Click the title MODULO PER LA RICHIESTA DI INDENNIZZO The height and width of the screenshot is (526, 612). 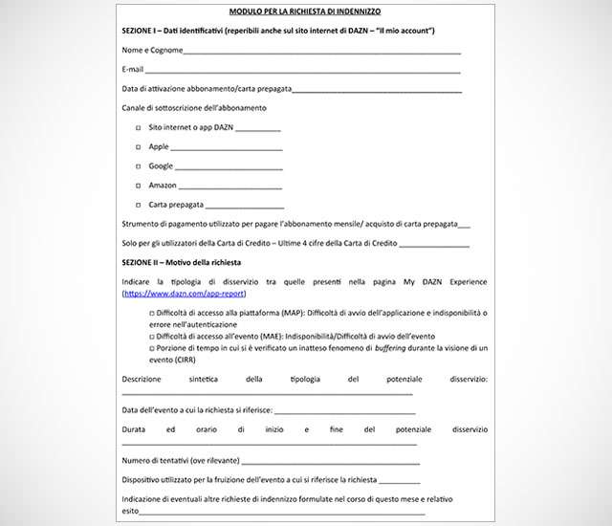pos(305,12)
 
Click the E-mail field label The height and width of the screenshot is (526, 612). pos(133,70)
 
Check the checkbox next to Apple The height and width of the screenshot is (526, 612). pos(139,147)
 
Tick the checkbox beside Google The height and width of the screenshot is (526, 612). pos(139,166)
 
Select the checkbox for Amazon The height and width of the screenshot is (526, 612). pos(139,186)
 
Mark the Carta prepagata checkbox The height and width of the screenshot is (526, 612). pos(139,205)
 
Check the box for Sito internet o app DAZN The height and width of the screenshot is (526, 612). pos(139,127)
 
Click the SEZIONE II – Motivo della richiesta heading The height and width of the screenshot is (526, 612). pos(182,262)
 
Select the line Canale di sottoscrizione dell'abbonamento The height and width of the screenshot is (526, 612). pos(194,108)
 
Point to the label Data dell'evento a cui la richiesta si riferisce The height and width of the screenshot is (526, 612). pos(197,410)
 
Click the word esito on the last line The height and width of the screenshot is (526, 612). pos(131,511)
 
